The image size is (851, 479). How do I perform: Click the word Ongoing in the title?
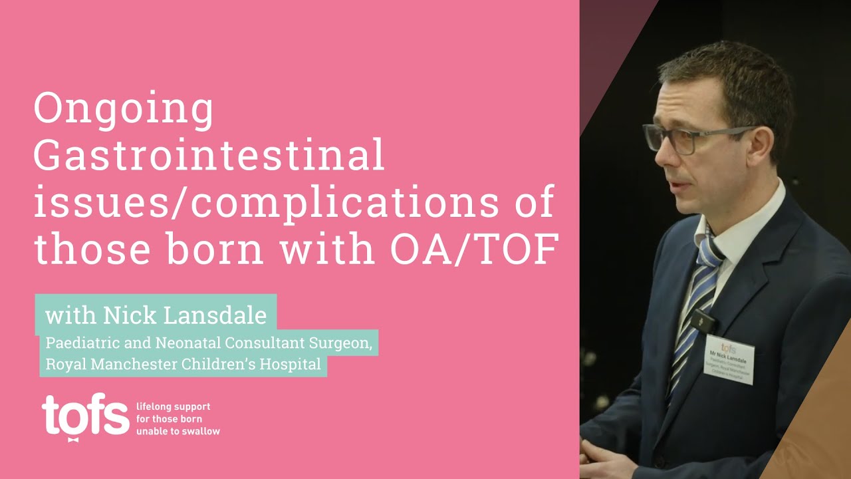124,110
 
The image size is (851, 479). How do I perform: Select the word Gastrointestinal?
209,156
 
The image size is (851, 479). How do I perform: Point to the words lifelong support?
173,406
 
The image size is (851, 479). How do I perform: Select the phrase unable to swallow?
178,431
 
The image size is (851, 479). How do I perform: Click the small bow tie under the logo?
73,439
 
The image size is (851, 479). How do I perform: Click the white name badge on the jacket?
729,359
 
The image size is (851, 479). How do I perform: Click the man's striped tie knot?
709,251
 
